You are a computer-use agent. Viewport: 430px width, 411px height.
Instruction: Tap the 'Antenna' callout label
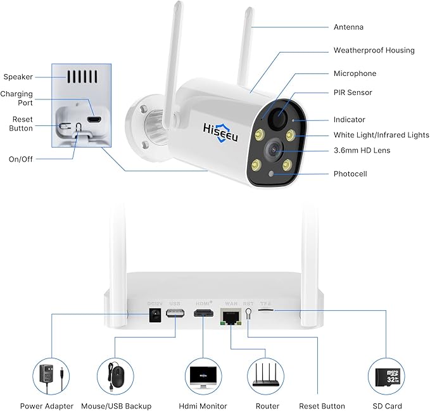coord(348,27)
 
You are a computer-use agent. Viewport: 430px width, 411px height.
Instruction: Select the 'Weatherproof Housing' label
coord(374,50)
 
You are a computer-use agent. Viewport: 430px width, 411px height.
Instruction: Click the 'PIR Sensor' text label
coord(353,92)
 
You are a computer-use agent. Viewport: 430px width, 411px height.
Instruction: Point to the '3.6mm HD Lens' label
coord(362,150)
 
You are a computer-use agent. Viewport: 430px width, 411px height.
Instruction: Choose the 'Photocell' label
coord(350,174)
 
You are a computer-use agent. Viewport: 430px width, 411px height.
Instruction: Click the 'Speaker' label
coord(18,77)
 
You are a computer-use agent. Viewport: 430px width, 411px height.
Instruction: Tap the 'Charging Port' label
coord(17,98)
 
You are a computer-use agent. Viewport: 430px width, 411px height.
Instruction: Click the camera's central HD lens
coord(274,149)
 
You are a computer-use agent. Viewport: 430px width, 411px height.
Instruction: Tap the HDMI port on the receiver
coord(203,314)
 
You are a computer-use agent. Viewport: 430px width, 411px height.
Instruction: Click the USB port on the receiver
coord(175,314)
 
